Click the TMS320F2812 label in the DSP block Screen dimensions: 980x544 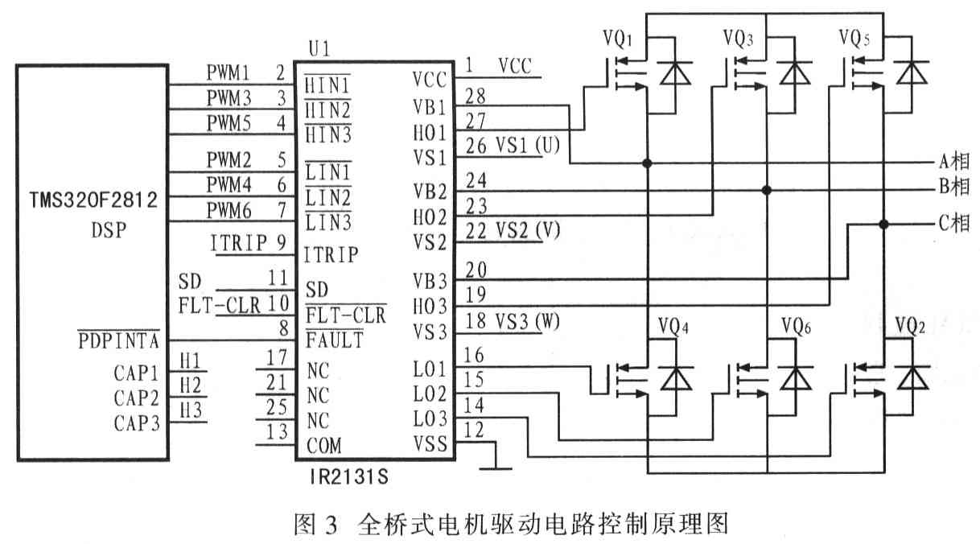pos(93,200)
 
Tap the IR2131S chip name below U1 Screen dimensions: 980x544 pos(349,476)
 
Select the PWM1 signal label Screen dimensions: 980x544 pos(228,72)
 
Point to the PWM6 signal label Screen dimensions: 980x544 pos(229,211)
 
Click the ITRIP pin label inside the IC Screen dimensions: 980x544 pos(331,255)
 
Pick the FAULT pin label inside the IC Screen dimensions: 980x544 pos(335,340)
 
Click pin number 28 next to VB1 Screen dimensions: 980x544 pos(476,97)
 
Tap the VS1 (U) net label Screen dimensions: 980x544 pos(513,146)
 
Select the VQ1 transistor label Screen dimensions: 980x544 pos(618,39)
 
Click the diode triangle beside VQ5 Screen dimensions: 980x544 pos(912,72)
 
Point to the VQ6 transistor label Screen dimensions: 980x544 pos(797,327)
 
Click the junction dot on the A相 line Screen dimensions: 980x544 pos(647,163)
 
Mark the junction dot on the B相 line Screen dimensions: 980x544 pos(766,190)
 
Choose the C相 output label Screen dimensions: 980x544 pos(954,224)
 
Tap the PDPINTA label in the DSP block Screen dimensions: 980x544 pos(118,340)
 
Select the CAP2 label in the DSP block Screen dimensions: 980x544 pos(137,398)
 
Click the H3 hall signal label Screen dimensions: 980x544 pos(191,410)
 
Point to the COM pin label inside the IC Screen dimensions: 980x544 pos(323,446)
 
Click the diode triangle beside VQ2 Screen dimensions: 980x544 pos(912,378)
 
